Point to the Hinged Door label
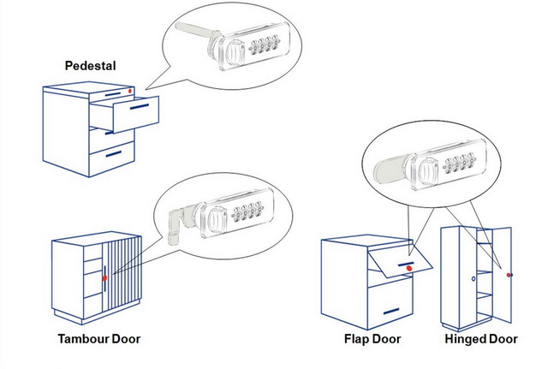[x=480, y=340]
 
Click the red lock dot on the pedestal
[x=128, y=92]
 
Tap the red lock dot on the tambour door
[x=104, y=278]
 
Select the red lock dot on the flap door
[x=409, y=269]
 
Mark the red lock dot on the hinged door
[x=509, y=275]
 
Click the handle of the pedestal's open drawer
[x=138, y=108]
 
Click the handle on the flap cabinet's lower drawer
[x=391, y=310]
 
